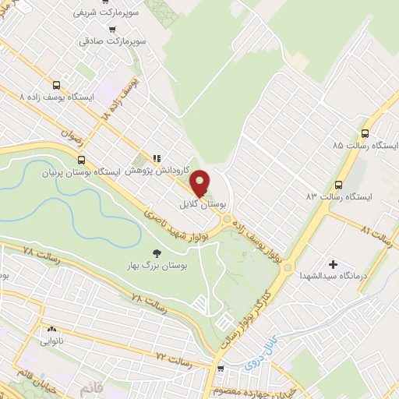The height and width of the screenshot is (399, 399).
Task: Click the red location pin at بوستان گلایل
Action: click(199, 184)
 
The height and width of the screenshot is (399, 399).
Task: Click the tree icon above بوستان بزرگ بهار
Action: click(157, 252)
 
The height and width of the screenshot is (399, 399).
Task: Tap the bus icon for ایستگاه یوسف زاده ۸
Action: click(56, 85)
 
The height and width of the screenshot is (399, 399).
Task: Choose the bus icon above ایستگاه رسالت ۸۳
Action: click(338, 185)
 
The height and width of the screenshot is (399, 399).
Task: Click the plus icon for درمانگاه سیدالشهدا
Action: click(334, 264)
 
